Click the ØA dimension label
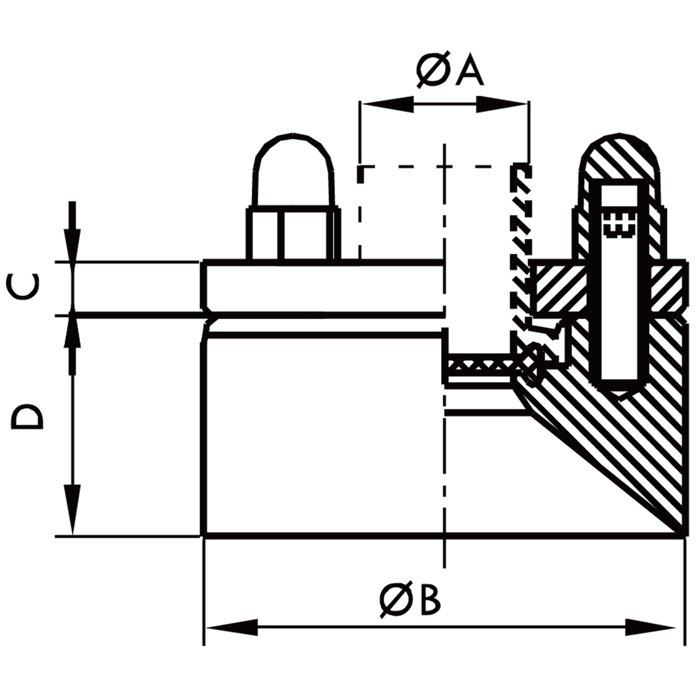tap(450, 70)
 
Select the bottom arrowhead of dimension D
tap(72, 509)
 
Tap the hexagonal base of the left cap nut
tap(293, 235)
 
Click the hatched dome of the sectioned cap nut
tap(620, 159)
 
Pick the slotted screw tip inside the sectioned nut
tap(619, 226)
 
